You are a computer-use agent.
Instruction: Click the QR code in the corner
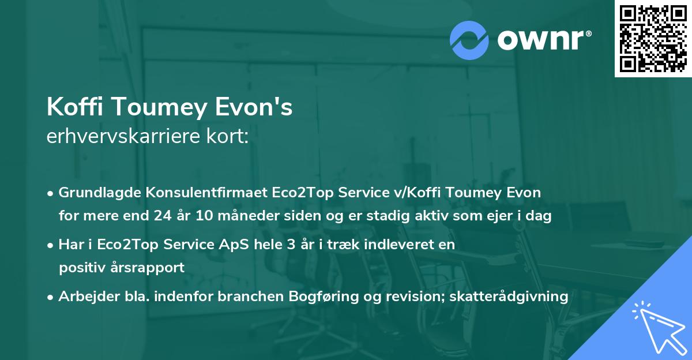pos(653,38)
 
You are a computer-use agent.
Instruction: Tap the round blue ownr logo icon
pos(470,40)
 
